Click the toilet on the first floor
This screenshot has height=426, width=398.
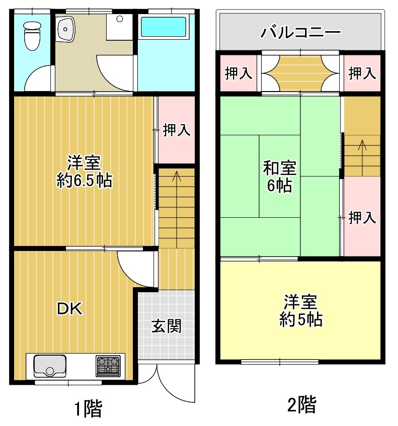point(32,36)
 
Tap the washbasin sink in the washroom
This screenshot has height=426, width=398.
point(65,29)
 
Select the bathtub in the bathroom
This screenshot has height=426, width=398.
point(164,27)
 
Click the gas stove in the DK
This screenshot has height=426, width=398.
point(108,366)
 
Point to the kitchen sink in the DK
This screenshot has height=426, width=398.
point(50,366)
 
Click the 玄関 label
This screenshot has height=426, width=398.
point(167,326)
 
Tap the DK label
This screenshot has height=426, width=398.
point(69,309)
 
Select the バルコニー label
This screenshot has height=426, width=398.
point(300,32)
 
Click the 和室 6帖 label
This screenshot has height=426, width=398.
point(280,177)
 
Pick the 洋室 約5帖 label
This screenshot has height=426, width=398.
point(301,310)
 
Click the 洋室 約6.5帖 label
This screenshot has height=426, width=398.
point(84,172)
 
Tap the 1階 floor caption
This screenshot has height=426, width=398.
point(89,408)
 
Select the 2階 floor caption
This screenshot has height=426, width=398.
point(302,404)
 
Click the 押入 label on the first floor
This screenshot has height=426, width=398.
point(177,130)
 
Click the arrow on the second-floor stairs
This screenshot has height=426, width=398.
point(362,158)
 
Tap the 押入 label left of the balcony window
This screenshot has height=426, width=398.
point(238,73)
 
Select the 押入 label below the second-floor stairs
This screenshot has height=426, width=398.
point(362,218)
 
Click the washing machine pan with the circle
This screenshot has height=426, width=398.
point(119,27)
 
